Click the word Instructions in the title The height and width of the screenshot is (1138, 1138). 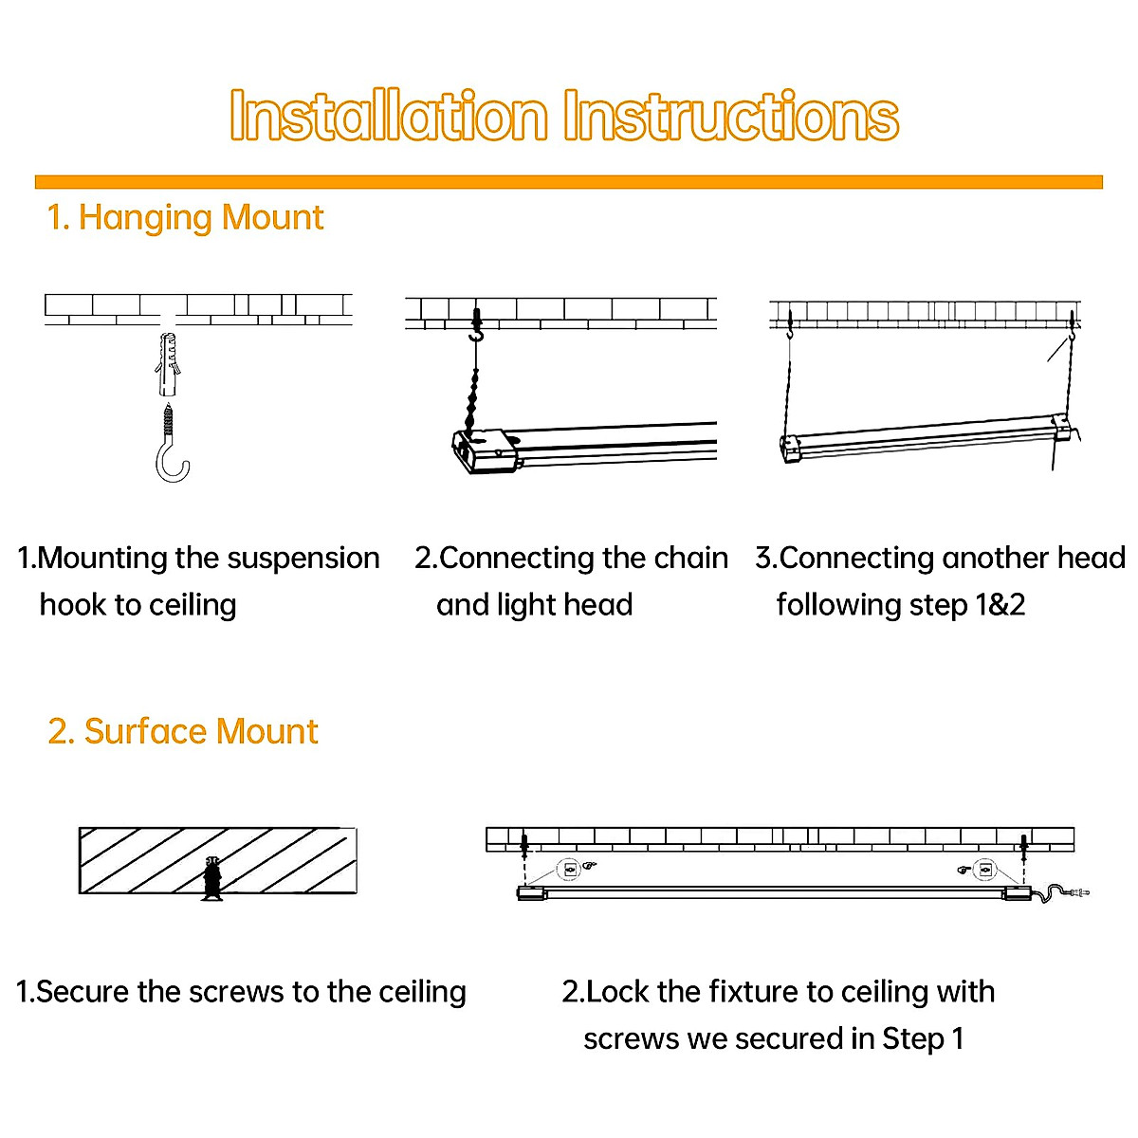coord(730,117)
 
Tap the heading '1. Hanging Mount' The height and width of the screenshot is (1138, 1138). coord(186,218)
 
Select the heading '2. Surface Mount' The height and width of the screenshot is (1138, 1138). coord(183,731)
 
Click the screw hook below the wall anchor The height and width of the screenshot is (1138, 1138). coord(173,445)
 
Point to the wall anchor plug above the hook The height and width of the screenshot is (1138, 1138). coord(167,365)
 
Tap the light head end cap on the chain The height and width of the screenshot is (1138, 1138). coord(485,450)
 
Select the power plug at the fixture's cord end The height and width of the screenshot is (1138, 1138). coord(1079,891)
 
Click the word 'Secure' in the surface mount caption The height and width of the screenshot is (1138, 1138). coord(83,992)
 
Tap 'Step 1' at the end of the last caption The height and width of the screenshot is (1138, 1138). coord(923,1039)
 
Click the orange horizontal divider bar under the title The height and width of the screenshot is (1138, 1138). coord(569,182)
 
